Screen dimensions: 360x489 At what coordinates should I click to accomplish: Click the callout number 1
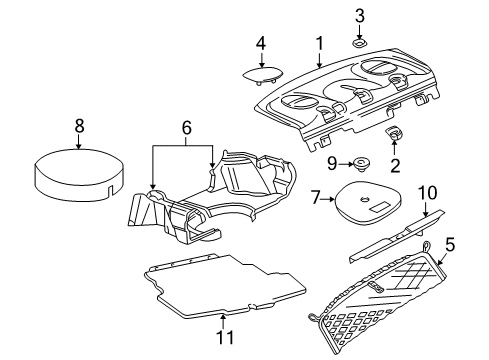319,43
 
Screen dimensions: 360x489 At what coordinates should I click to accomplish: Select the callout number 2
395,165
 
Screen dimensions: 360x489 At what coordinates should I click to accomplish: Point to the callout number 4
259,43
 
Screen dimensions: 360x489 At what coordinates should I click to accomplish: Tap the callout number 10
428,190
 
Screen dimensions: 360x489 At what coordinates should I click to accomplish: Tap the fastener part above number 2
394,136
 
